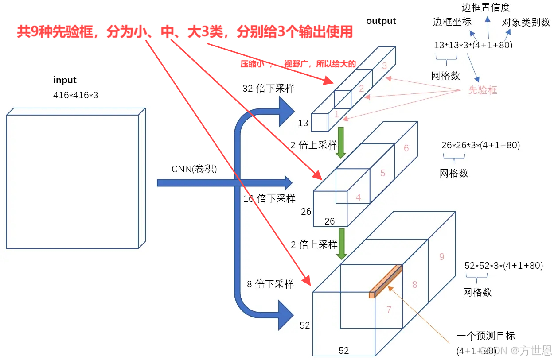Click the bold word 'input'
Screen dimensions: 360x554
(65, 80)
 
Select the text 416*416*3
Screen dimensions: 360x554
(75, 95)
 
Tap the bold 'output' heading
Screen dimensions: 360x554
(381, 21)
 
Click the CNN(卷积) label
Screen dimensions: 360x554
(194, 169)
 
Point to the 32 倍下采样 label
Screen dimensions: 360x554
(269, 88)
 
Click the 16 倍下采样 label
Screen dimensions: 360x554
(269, 199)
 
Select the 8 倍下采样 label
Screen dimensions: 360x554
(270, 284)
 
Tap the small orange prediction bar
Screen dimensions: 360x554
(386, 281)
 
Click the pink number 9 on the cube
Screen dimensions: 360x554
(441, 256)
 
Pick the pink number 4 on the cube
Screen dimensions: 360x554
(359, 197)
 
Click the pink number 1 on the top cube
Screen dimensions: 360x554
(336, 114)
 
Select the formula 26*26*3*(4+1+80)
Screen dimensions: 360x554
(480, 145)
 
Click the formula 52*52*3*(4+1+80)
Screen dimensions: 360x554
(503, 266)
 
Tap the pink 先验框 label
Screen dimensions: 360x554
(483, 90)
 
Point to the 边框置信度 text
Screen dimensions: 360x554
(486, 7)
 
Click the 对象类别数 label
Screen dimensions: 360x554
(526, 22)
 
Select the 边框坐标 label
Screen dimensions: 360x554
(452, 22)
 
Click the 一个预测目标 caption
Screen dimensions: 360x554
(486, 336)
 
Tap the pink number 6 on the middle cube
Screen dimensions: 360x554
(406, 148)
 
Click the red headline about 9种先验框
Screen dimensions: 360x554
(185, 32)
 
